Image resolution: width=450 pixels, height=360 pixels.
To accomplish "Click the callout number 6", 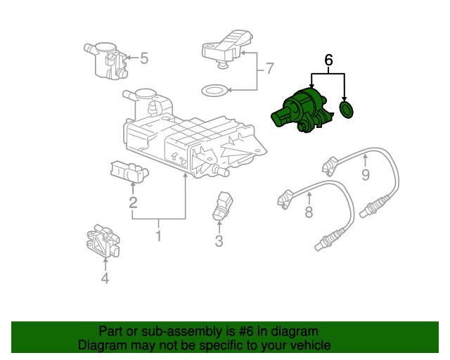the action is click(328, 60).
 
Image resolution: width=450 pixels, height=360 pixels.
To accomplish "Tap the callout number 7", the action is click(270, 69).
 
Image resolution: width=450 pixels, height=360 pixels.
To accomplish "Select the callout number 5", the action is click(144, 58).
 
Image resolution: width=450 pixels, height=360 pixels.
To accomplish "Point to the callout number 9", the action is click(366, 174).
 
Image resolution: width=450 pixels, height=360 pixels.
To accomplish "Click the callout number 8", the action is click(309, 212).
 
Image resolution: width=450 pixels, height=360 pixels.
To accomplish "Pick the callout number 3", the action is click(219, 241).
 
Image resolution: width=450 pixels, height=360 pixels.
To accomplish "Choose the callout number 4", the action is click(105, 278).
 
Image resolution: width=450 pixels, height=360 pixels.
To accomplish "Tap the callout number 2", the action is click(133, 202).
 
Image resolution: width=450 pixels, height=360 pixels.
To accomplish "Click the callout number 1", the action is click(158, 236).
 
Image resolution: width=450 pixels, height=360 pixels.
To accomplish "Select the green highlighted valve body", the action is click(302, 110).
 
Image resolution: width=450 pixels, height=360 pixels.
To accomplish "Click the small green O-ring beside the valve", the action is click(347, 110).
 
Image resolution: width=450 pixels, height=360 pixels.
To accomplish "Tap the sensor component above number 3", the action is click(222, 205).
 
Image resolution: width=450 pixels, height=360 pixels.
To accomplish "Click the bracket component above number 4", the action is click(103, 241).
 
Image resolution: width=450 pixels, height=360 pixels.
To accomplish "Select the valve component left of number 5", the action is click(105, 60).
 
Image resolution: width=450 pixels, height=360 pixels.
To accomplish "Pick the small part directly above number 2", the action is click(129, 172).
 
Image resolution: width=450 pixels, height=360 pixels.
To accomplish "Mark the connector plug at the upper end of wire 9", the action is click(330, 166).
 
